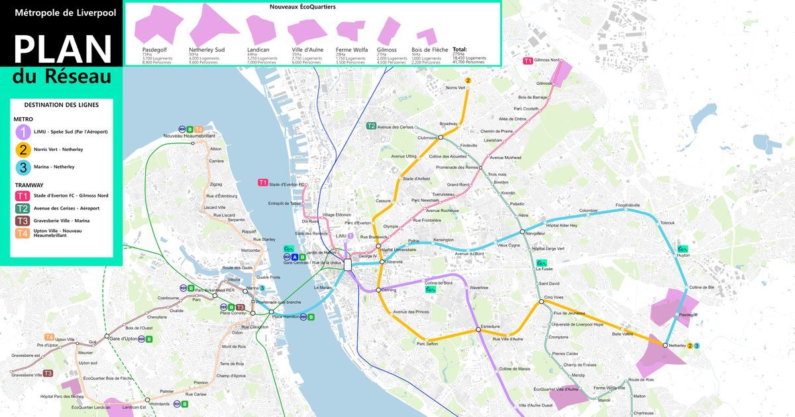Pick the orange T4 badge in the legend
[x=23, y=233]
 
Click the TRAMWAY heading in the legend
[x=28, y=185]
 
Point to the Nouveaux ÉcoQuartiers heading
[x=302, y=7]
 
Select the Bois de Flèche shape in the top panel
[x=426, y=36]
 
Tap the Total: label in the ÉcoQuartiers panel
[x=459, y=50]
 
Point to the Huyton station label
[x=683, y=255]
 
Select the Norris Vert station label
[x=456, y=87]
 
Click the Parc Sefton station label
[x=427, y=344]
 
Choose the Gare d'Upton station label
[x=123, y=338]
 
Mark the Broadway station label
[x=449, y=124]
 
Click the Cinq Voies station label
[x=553, y=297]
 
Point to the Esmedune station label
[x=490, y=326]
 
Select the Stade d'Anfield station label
[x=417, y=179]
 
